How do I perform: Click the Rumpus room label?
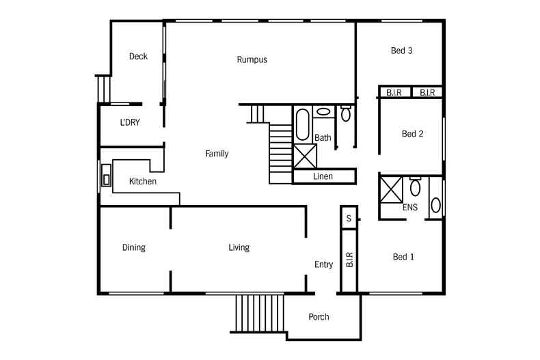pyautogui.click(x=252, y=59)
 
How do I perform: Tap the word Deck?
pyautogui.click(x=138, y=57)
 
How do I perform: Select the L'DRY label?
pyautogui.click(x=130, y=123)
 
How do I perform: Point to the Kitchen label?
pyautogui.click(x=143, y=182)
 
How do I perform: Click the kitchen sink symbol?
pyautogui.click(x=106, y=175)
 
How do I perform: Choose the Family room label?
pyautogui.click(x=217, y=154)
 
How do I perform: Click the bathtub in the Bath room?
pyautogui.click(x=302, y=125)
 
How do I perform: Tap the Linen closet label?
pyautogui.click(x=323, y=176)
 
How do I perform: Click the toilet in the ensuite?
pyautogui.click(x=415, y=186)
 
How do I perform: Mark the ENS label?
pyautogui.click(x=410, y=207)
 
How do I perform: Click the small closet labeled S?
pyautogui.click(x=349, y=219)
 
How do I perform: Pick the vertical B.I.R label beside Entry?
pyautogui.click(x=349, y=260)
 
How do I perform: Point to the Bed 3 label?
pyautogui.click(x=401, y=51)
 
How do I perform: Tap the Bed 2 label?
pyautogui.click(x=411, y=134)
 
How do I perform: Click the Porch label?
pyautogui.click(x=319, y=317)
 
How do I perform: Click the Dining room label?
pyautogui.click(x=134, y=247)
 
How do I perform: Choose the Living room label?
pyautogui.click(x=239, y=247)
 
